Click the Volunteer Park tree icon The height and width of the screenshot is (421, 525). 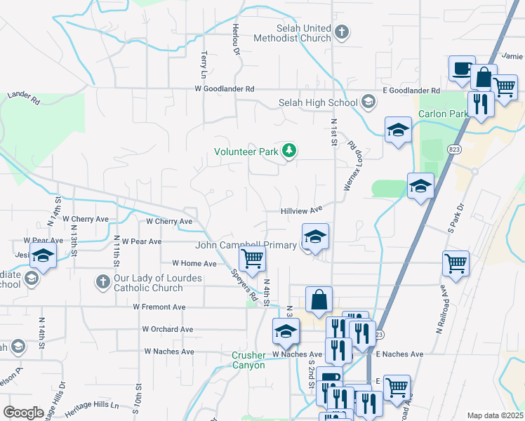(288, 150)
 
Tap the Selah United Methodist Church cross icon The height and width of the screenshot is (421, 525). (341, 32)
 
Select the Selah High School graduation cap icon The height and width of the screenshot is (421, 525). (368, 102)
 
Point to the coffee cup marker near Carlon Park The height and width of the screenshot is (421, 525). (462, 69)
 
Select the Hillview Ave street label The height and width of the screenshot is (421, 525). (301, 209)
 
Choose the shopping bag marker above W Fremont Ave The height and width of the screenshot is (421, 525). (319, 299)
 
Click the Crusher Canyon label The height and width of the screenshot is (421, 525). (248, 360)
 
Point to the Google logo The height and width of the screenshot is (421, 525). (24, 412)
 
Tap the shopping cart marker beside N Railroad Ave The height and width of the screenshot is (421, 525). (456, 263)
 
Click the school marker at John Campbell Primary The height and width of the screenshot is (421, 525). (316, 236)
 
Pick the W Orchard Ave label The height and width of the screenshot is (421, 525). (167, 329)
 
